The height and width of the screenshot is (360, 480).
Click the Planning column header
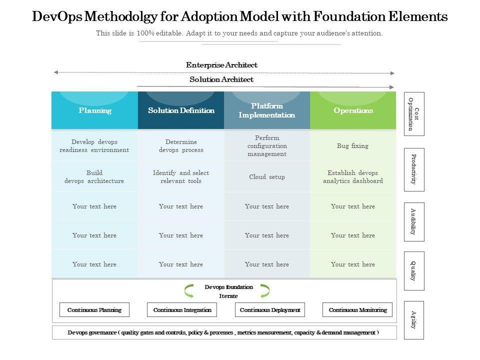[94, 110]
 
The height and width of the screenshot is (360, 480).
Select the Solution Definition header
[181, 110]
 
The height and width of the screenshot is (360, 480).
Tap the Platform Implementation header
[267, 110]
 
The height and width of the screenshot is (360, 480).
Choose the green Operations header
[353, 110]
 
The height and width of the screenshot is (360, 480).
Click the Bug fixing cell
[352, 146]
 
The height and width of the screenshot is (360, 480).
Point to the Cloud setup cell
[267, 177]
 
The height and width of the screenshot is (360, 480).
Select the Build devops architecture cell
[94, 177]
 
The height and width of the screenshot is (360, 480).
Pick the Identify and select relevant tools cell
[181, 177]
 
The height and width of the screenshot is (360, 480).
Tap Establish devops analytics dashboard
[352, 177]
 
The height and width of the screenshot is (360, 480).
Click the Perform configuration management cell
[267, 146]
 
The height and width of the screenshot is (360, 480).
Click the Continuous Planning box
[94, 310]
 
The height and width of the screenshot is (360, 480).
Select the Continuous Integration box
[182, 310]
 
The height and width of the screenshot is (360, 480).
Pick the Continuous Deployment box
[270, 310]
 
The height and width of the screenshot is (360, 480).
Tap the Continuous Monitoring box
[357, 310]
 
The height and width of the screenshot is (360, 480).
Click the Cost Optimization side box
[413, 114]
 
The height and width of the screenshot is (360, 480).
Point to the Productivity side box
[413, 169]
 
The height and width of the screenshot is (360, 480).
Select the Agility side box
[413, 320]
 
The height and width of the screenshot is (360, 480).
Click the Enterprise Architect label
[221, 65]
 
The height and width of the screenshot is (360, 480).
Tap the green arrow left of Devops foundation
[189, 290]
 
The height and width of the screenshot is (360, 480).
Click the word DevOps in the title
[55, 17]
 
